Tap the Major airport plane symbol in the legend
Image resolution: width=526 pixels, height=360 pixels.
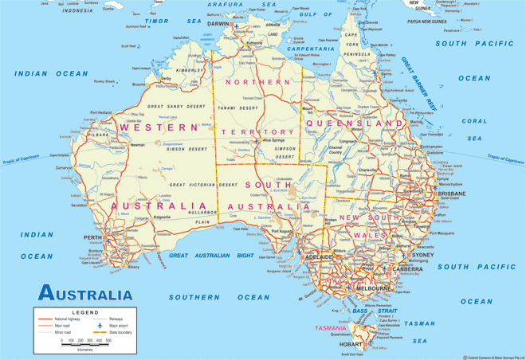100,326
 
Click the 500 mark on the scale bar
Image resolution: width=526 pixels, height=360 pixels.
108,341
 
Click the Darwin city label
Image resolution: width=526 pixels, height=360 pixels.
218,24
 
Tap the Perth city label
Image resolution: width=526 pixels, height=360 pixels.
93,237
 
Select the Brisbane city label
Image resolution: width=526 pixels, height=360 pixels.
451,194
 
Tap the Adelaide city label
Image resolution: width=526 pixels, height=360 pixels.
318,258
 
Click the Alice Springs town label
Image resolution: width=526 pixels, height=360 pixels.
273,140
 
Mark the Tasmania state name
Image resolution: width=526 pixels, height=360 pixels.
331,327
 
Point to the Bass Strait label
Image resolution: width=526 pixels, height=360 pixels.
379,311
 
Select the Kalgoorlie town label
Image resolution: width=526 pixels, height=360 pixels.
163,216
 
